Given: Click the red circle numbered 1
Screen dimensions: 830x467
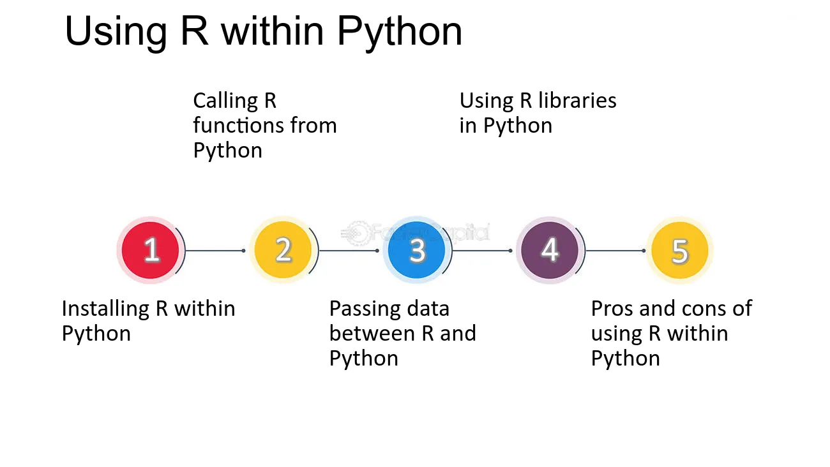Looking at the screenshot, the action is (151, 250).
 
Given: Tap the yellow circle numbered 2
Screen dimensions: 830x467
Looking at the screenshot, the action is (283, 250).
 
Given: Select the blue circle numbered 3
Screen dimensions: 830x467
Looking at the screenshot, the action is (416, 250).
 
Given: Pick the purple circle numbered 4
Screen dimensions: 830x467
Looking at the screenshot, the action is (550, 250).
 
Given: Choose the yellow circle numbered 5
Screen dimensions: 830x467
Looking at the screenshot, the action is (680, 250).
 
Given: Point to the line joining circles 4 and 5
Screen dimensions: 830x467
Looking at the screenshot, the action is (615, 251).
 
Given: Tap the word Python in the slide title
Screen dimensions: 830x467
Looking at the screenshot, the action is (400, 33).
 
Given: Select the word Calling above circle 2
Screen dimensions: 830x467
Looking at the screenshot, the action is (225, 101).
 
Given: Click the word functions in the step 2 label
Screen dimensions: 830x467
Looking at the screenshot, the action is (238, 125).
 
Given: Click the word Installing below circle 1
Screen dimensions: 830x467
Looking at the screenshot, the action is (105, 309).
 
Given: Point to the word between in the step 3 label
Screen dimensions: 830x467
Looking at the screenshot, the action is (372, 333).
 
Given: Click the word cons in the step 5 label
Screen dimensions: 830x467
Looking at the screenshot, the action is (704, 309).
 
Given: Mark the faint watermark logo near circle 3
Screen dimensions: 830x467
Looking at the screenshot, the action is (416, 233).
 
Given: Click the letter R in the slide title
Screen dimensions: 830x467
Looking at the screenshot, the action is (194, 31).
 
